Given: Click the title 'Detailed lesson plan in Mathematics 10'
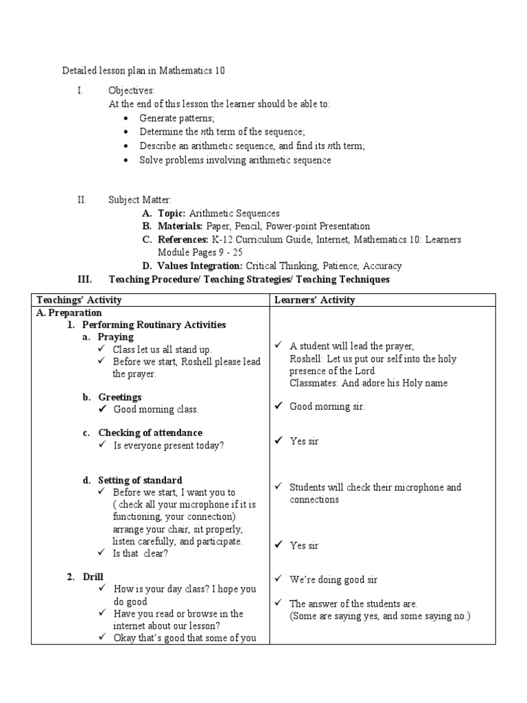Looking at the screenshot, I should [143, 71].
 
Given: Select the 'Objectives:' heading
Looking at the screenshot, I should [132, 91].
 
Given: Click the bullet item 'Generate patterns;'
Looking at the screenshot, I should [177, 118].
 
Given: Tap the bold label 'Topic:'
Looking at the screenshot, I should [172, 214].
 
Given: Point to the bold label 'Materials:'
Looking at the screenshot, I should [180, 226].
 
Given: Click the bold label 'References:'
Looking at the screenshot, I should [183, 240].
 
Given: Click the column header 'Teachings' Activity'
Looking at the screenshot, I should [79, 300].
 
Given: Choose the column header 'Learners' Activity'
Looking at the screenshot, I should [314, 300].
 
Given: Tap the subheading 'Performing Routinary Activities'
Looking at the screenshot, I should [154, 325].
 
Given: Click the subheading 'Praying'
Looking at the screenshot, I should [116, 337].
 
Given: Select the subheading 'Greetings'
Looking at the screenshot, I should [120, 397].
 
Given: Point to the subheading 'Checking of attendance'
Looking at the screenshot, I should [150, 433].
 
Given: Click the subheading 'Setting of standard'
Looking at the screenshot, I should [140, 480].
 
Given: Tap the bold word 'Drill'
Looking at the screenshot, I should [93, 577].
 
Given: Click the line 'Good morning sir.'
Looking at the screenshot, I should [327, 406].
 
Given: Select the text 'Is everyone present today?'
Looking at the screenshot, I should [169, 445].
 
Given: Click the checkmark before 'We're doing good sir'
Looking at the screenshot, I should [279, 579].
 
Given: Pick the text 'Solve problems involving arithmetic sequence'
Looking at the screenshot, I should [235, 160].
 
